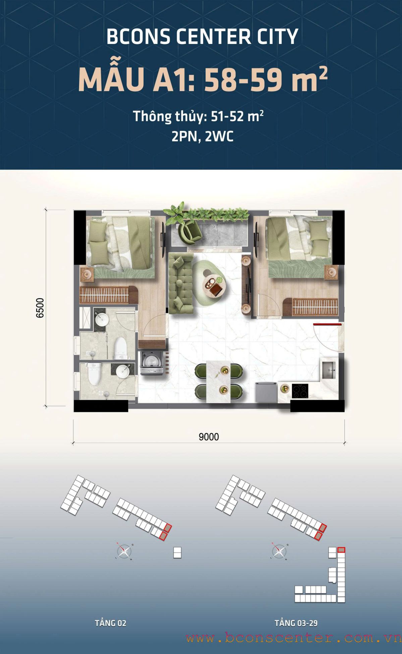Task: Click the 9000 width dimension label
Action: (209, 437)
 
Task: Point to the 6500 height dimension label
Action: (40, 308)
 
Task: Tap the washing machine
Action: (152, 363)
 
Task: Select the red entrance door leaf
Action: (327, 324)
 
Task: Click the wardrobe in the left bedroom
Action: (108, 295)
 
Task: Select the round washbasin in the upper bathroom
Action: (102, 319)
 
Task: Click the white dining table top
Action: (219, 381)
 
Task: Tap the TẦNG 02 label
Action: (110, 623)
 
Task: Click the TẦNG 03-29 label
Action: (296, 623)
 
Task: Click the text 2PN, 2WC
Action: (202, 137)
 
